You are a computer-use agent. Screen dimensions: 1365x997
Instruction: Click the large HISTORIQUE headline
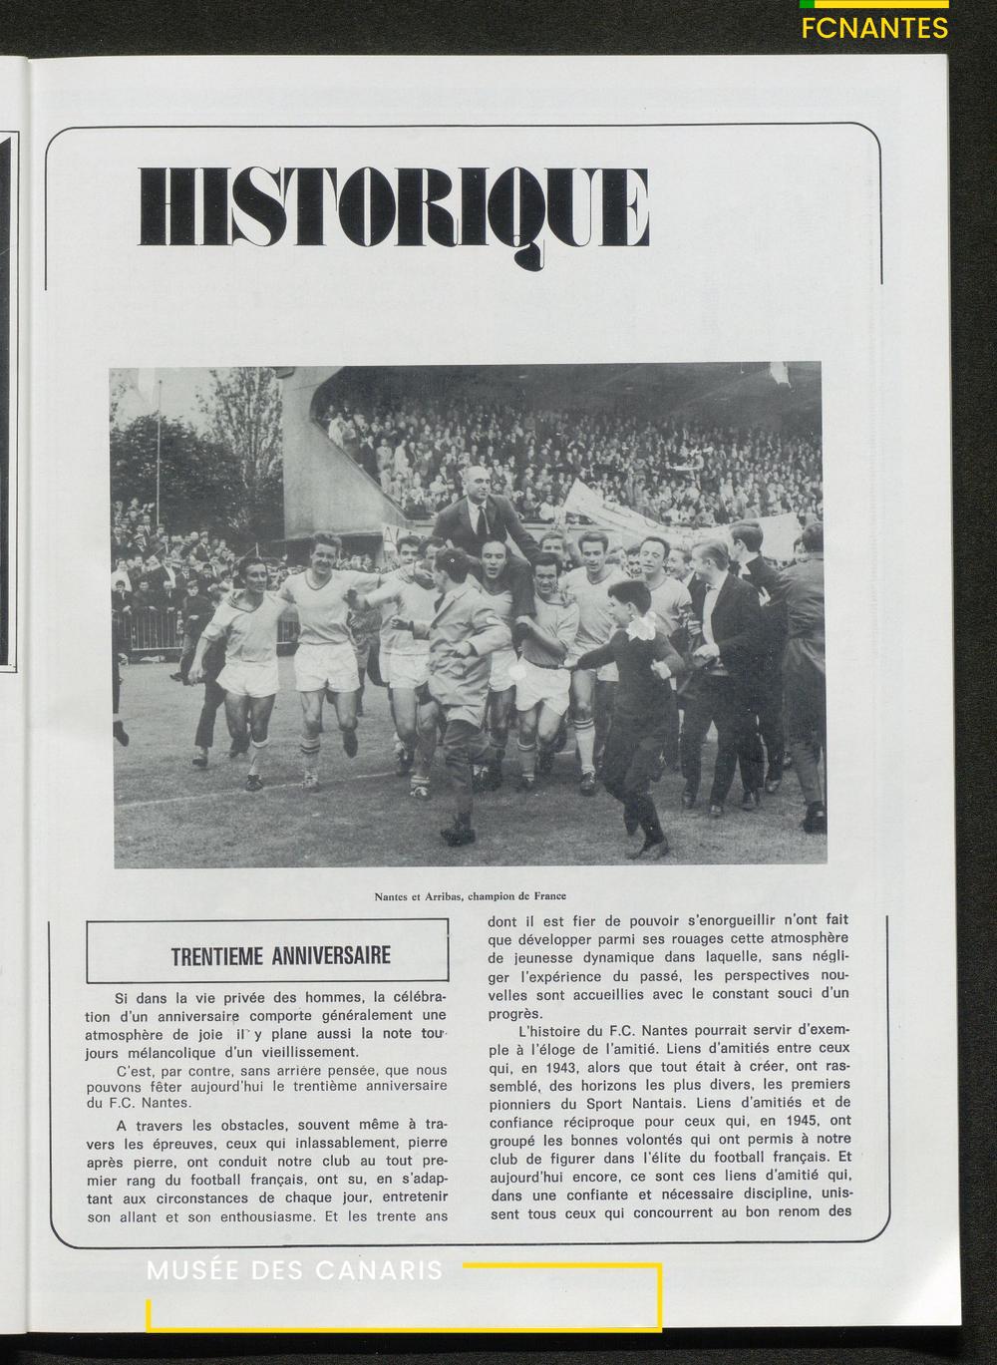point(394,207)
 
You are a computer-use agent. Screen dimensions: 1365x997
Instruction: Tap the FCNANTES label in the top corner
point(874,28)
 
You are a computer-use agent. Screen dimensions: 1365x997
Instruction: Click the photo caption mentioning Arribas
point(470,895)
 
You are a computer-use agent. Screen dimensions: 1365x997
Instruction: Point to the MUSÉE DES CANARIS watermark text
point(295,1271)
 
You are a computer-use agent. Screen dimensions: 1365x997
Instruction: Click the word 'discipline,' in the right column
point(770,1194)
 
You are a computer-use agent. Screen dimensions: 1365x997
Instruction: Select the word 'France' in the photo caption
point(547,895)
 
